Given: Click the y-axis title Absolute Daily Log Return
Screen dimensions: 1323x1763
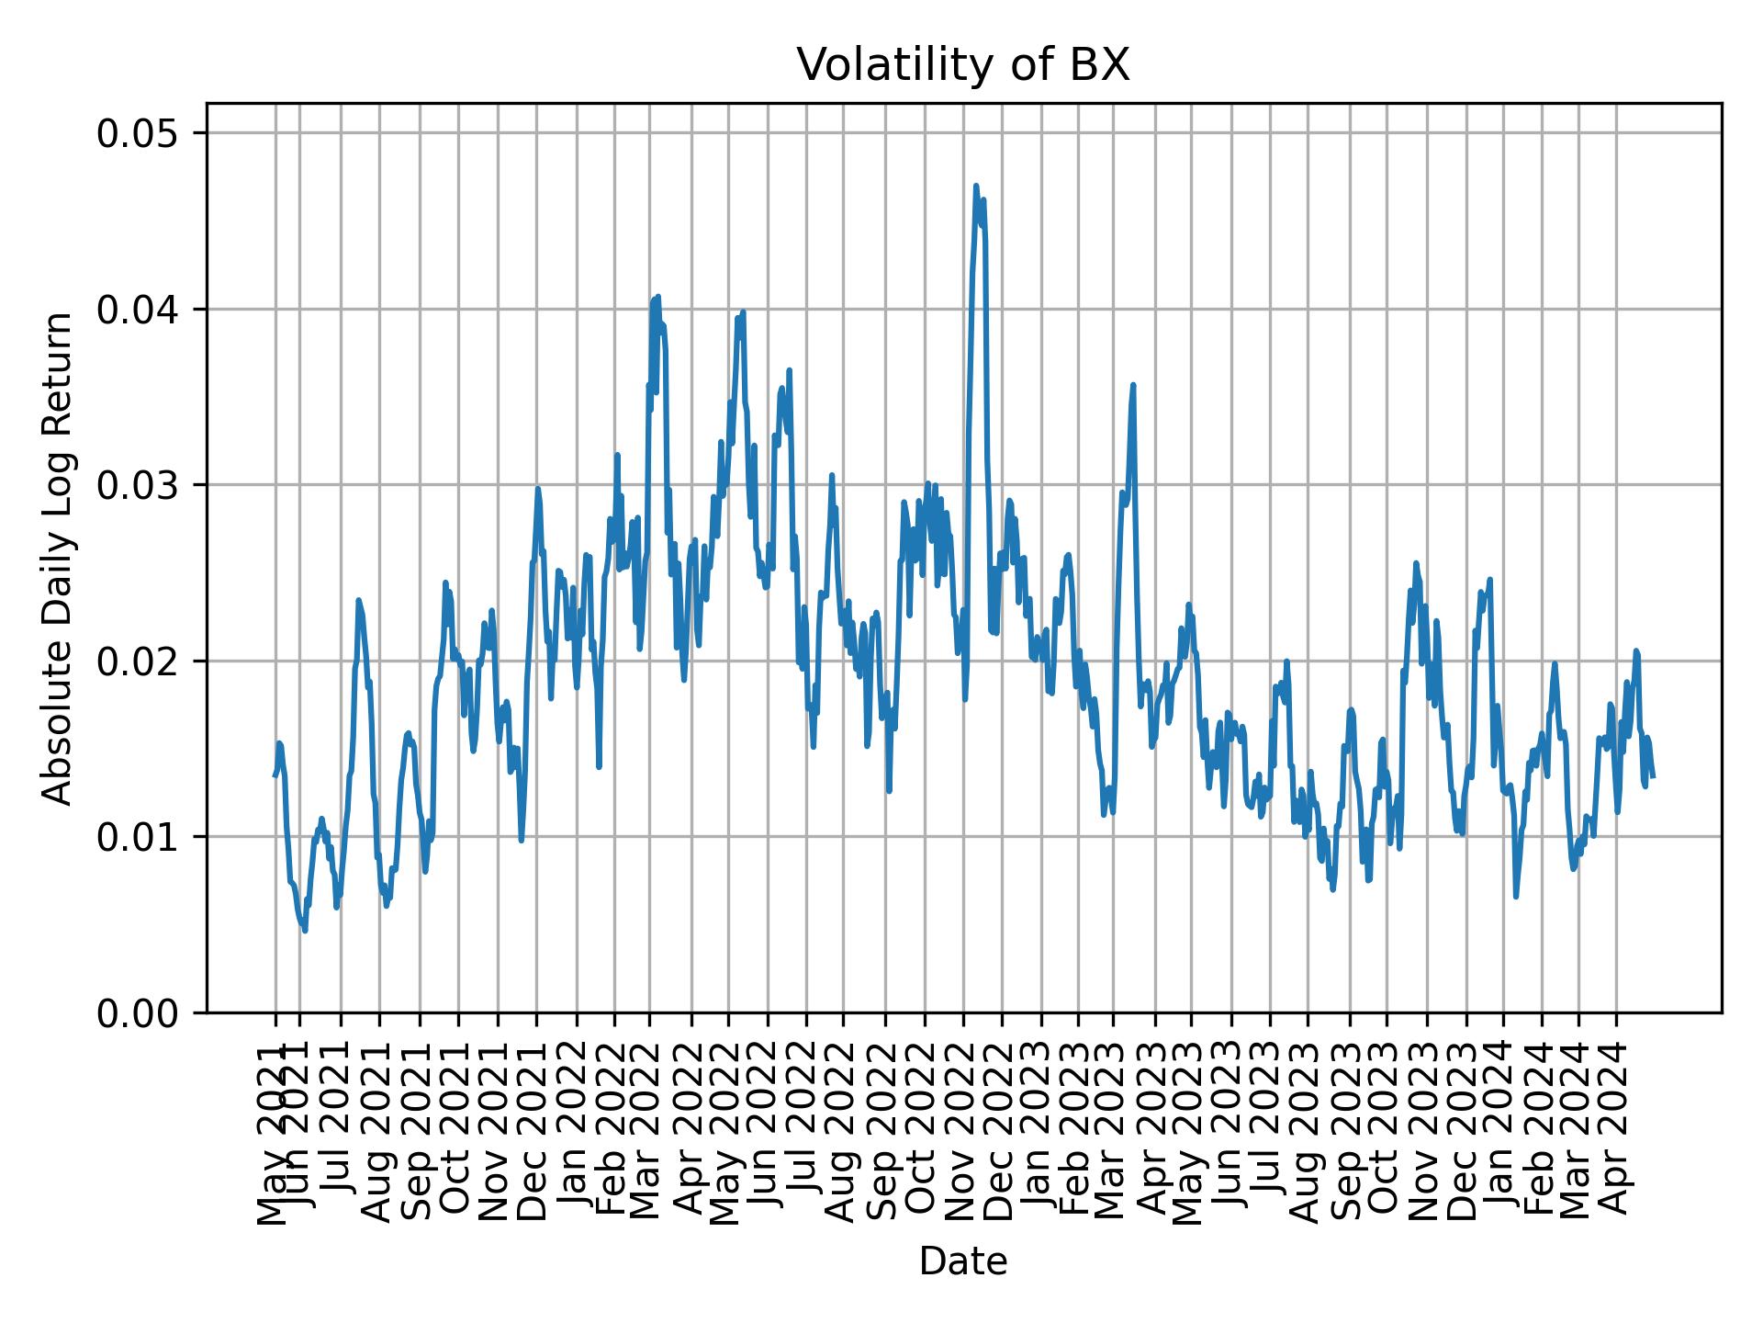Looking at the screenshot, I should [59, 558].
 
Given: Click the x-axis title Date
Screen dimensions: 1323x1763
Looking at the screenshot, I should [962, 1262].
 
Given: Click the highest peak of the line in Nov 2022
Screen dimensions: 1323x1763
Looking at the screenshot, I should [976, 186].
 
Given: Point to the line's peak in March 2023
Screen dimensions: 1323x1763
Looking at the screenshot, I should [1133, 385].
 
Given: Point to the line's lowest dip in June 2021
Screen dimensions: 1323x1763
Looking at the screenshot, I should [305, 931].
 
